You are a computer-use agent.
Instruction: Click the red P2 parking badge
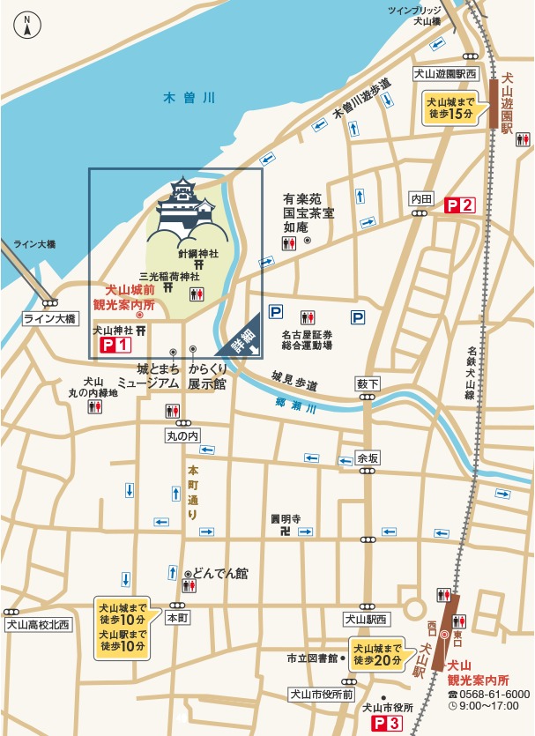pyautogui.click(x=458, y=205)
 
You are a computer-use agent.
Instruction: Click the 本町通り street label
pyautogui.click(x=192, y=493)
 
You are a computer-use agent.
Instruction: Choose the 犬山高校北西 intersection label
pyautogui.click(x=37, y=625)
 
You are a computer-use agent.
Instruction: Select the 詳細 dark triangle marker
pyautogui.click(x=241, y=339)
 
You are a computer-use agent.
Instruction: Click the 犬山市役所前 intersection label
pyautogui.click(x=321, y=695)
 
